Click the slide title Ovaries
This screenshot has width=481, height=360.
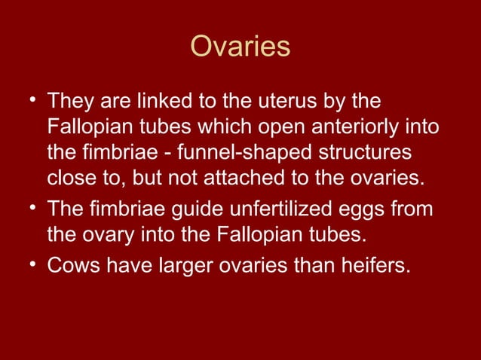240,47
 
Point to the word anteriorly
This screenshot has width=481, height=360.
345,127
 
